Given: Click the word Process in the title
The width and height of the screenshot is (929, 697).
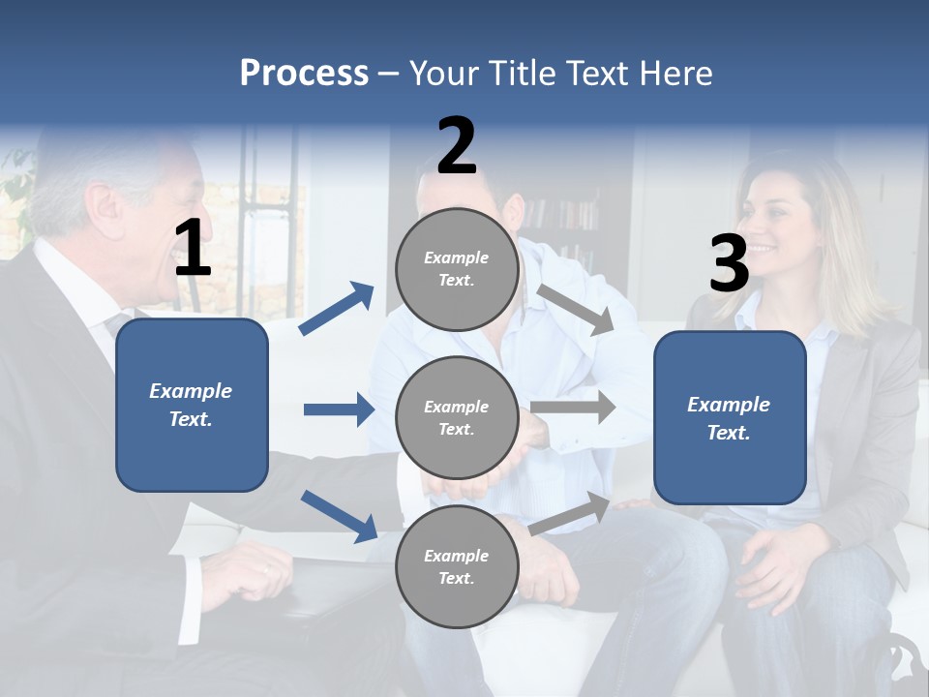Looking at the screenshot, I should pos(304,74).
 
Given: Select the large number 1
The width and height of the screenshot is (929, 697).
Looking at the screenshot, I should pos(192,249).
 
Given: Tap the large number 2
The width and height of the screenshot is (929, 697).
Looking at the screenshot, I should pos(457,146).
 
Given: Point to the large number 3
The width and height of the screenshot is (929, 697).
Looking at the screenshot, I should pos(729,264).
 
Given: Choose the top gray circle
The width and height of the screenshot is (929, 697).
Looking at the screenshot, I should pos(457,269).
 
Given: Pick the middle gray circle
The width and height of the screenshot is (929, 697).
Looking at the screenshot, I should pos(457,418).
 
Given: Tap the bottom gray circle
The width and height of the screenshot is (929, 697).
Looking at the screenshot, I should pos(457,567).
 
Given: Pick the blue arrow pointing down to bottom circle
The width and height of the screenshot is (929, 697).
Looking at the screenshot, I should pos(339,515).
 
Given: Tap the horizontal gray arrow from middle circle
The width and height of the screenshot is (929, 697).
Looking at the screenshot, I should pos(573,407).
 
